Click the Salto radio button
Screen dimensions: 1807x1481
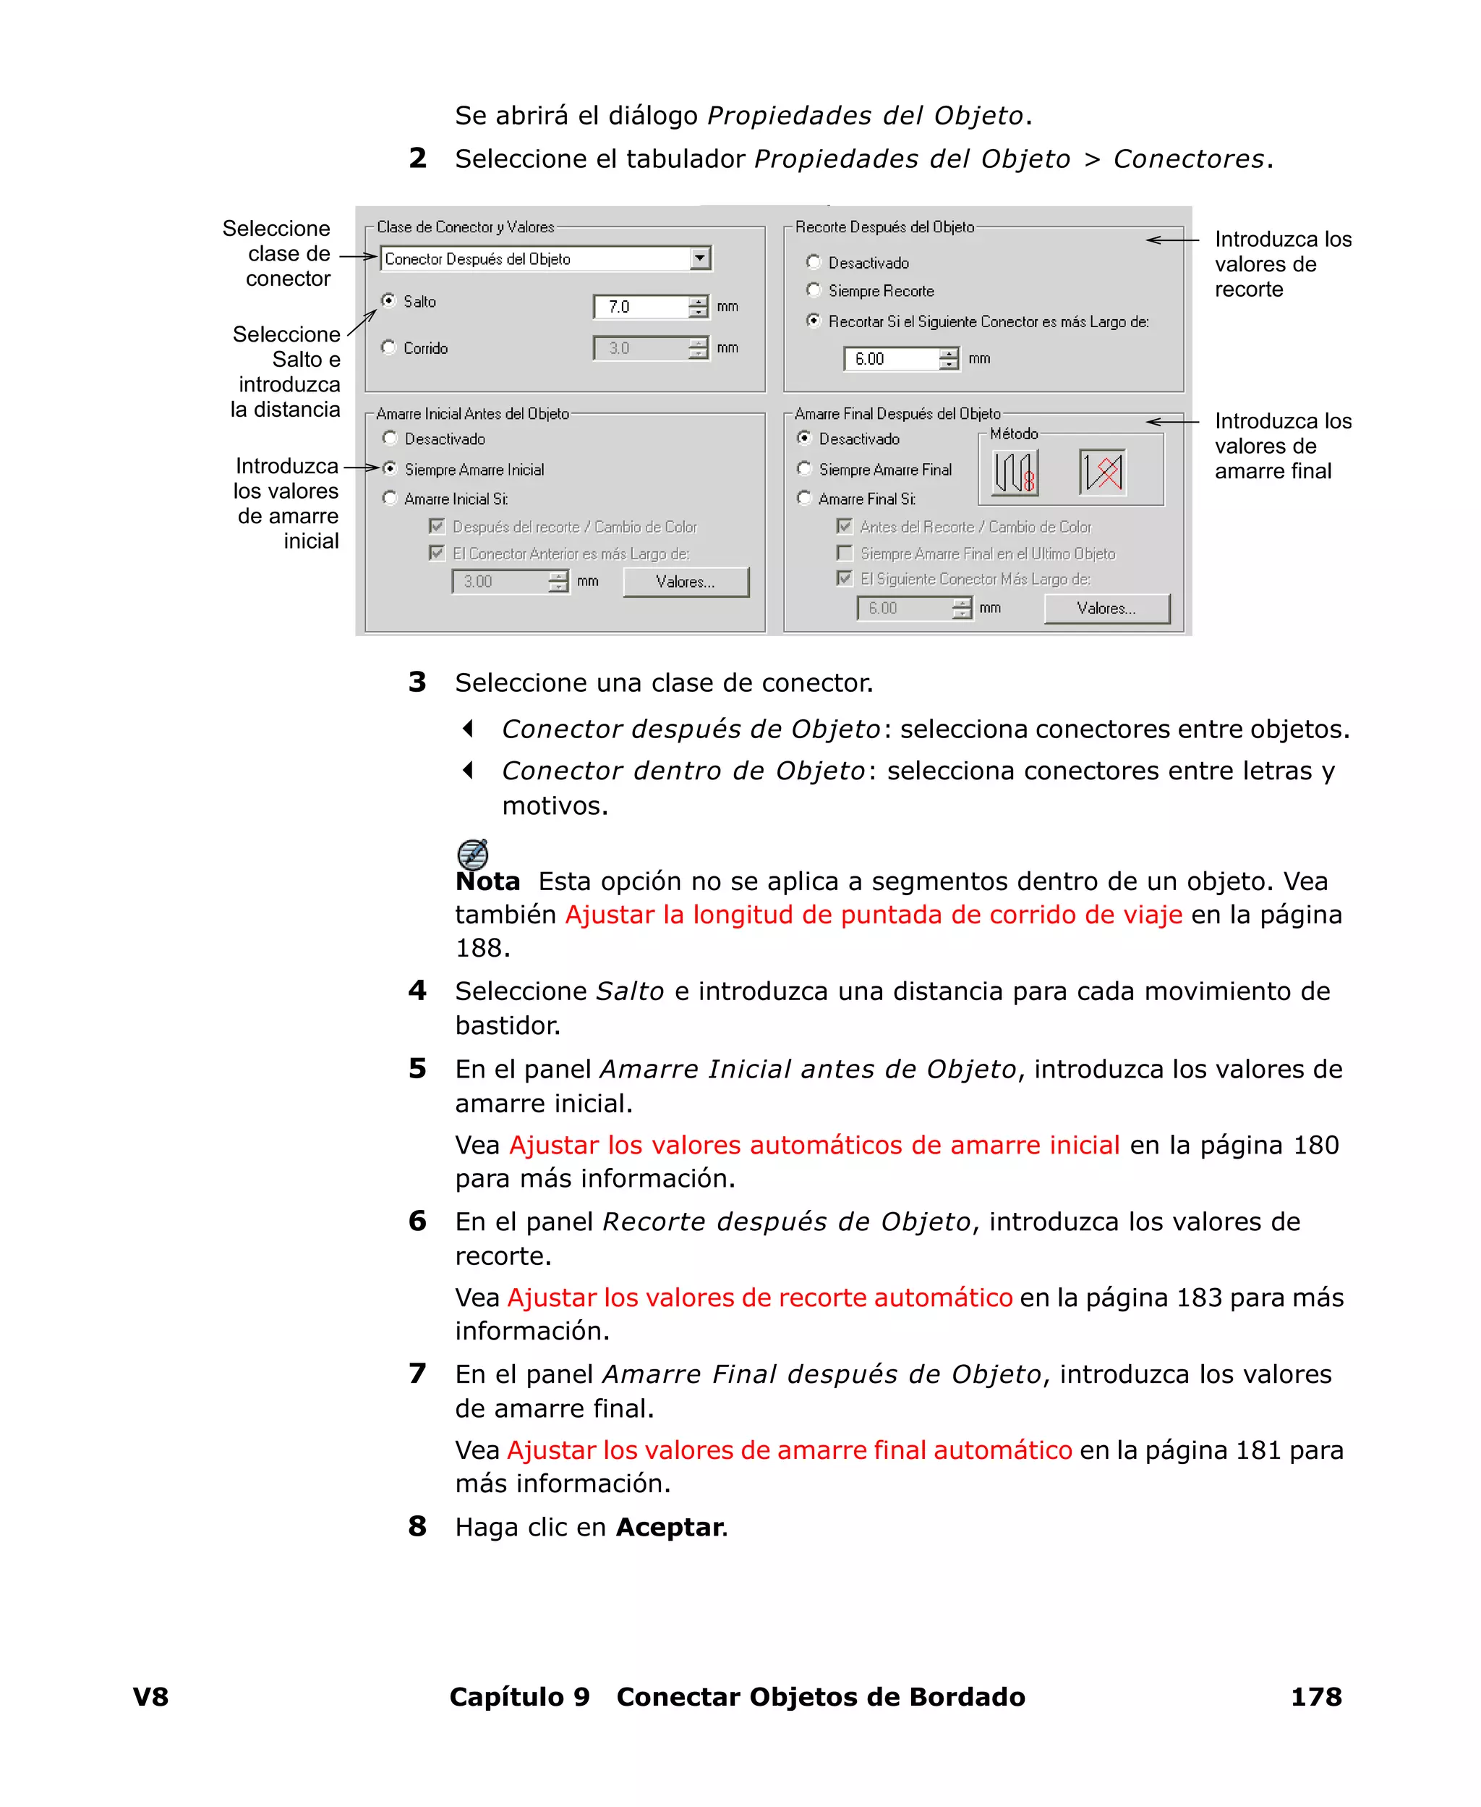pyautogui.click(x=389, y=300)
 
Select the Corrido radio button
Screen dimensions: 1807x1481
pyautogui.click(x=389, y=347)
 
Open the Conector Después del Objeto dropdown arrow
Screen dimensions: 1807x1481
pyautogui.click(x=699, y=258)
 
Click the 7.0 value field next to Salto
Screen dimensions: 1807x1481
pyautogui.click(x=641, y=306)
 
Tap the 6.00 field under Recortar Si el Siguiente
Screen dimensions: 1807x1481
pyautogui.click(x=891, y=358)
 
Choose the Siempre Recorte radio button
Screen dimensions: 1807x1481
pyautogui.click(x=814, y=290)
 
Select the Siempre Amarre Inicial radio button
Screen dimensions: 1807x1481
pyautogui.click(x=390, y=469)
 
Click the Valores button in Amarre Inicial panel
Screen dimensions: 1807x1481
pyautogui.click(x=685, y=582)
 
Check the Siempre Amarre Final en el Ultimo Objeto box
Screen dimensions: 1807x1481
pyautogui.click(x=845, y=553)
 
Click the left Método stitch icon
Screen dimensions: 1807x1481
pyautogui.click(x=1015, y=472)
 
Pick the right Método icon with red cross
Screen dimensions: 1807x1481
pyautogui.click(x=1101, y=472)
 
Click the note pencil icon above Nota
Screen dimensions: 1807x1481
pyautogui.click(x=473, y=853)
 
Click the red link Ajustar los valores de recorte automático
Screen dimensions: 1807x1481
pyautogui.click(x=759, y=1298)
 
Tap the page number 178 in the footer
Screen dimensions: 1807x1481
pyautogui.click(x=1315, y=1697)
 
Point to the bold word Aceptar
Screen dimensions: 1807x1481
pyautogui.click(x=670, y=1527)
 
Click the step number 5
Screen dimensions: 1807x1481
pyautogui.click(x=417, y=1069)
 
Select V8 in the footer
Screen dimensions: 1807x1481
pyautogui.click(x=151, y=1697)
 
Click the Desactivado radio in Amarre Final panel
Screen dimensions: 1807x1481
pyautogui.click(x=803, y=438)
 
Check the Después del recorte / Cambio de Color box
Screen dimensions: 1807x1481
pyautogui.click(x=437, y=527)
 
